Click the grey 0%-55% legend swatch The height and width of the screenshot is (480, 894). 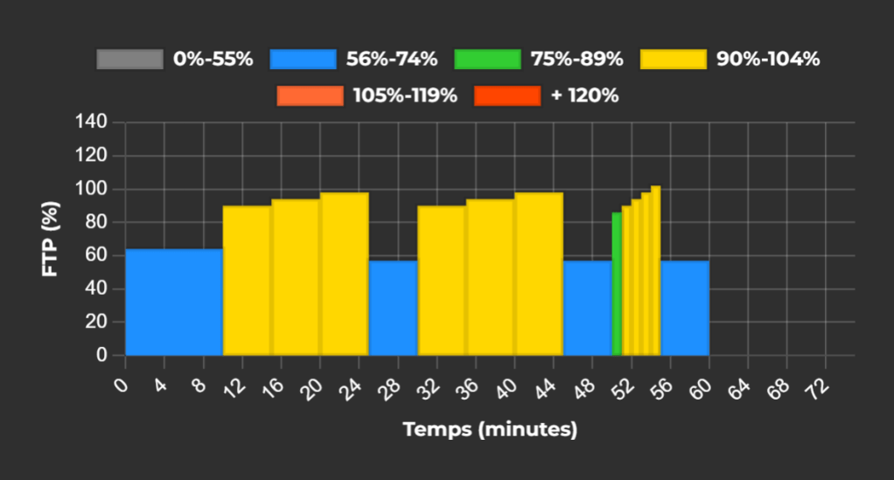point(129,59)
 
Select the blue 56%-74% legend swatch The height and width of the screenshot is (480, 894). point(303,59)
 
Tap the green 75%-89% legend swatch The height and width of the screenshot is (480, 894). point(487,59)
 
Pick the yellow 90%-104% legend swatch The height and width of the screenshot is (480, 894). point(673,59)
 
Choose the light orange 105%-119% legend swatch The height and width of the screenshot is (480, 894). point(310,95)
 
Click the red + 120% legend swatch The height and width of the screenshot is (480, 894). point(507,95)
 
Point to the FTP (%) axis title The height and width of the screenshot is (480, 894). point(51,238)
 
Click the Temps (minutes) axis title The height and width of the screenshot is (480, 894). point(490,429)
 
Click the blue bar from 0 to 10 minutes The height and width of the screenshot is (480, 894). point(173,302)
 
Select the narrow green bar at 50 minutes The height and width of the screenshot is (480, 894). point(617,284)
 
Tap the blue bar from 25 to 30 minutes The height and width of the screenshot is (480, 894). point(393,308)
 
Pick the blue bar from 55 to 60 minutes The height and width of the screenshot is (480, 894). point(685,308)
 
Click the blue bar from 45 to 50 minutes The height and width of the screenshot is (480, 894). point(587,308)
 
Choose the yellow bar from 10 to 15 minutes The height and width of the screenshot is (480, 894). point(247,280)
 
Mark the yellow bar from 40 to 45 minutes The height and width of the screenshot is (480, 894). point(539,273)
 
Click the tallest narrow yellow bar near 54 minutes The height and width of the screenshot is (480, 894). point(656,271)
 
